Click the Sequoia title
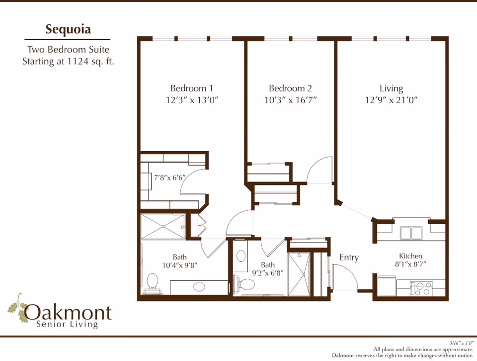click(x=68, y=29)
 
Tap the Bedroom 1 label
click(x=192, y=88)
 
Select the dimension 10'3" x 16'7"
click(x=290, y=100)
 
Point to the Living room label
click(x=391, y=88)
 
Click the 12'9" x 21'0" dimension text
click(x=391, y=100)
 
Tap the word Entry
click(x=349, y=257)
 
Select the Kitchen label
click(x=410, y=256)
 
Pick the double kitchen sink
click(x=411, y=232)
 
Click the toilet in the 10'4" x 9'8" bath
click(x=152, y=283)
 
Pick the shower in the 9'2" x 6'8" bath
click(x=299, y=274)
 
